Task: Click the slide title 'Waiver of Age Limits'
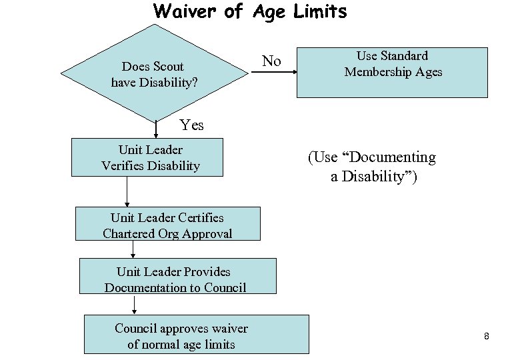coord(250,11)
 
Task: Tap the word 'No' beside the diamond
coord(271,61)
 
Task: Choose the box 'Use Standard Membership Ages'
coord(393,71)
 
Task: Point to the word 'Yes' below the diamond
coord(192,125)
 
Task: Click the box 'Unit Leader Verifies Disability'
coord(147,157)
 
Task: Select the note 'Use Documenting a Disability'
coord(371,167)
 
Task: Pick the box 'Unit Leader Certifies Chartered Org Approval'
coord(167,225)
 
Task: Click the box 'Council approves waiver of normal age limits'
coord(197,335)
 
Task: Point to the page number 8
coord(487,337)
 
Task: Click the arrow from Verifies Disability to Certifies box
coord(127,192)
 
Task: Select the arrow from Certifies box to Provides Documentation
coord(134,249)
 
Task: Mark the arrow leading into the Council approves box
coord(135,304)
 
